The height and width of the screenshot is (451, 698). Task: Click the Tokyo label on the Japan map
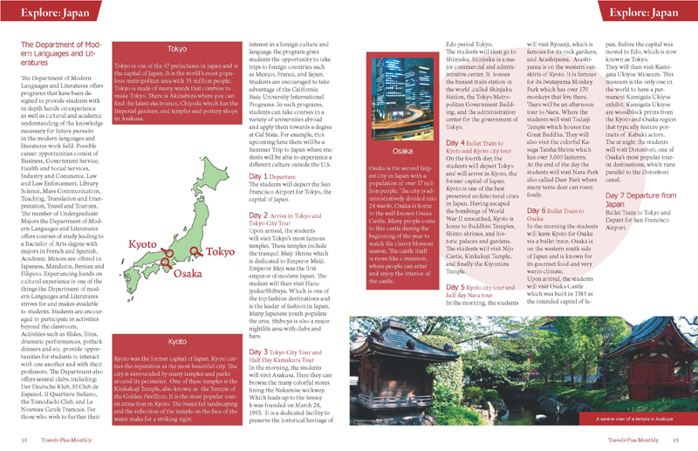tap(221, 251)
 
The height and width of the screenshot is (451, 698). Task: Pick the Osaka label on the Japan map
tap(187, 273)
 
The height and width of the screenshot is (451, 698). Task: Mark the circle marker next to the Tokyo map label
tap(194, 251)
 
